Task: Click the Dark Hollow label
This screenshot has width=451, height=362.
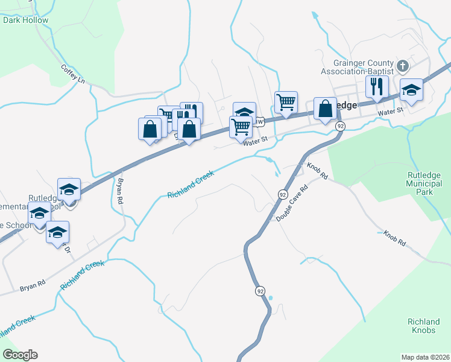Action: coord(25,20)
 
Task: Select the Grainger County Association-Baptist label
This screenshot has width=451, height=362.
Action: coord(364,67)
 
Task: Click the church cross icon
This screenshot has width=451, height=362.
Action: coord(403,65)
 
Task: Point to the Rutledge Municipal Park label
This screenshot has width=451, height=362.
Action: coord(420,183)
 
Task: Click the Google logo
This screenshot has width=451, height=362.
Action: coord(20,354)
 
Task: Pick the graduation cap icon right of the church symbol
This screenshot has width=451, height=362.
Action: coord(411,90)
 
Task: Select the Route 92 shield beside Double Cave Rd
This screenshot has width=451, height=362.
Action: coord(282,194)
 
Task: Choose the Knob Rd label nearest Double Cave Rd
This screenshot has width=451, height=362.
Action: coord(317,171)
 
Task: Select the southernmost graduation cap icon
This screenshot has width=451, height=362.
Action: coord(57,232)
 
